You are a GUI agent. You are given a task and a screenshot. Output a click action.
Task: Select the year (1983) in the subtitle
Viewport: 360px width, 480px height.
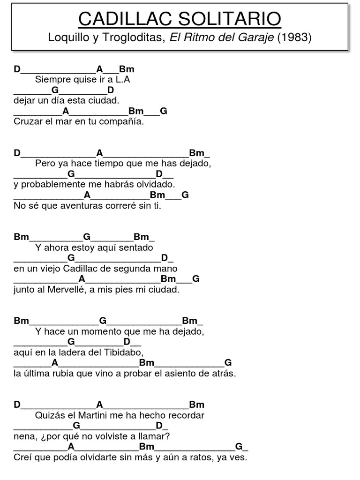click(x=294, y=37)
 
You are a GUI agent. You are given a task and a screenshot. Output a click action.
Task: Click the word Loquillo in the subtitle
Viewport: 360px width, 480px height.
click(x=66, y=37)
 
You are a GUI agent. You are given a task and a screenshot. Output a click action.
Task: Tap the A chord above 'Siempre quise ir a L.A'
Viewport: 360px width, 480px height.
click(x=99, y=69)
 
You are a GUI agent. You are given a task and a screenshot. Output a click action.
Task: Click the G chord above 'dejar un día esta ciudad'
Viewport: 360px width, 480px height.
click(x=55, y=90)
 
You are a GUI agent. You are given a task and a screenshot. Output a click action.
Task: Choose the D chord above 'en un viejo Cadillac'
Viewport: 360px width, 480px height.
click(x=165, y=258)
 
